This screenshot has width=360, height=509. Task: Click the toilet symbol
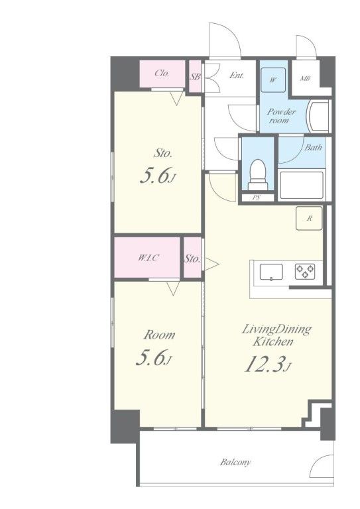pos(258,175)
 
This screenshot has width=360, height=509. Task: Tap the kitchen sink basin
pos(271,272)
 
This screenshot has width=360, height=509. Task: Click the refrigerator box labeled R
pos(309,219)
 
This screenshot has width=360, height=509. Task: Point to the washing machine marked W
pos(273,80)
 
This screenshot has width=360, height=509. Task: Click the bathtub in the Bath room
pos(302,185)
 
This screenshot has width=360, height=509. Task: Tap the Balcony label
pos(235,462)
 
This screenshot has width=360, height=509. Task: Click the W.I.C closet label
pos(149,258)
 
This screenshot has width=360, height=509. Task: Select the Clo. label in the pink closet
pos(162,74)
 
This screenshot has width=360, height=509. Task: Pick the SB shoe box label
pos(195,77)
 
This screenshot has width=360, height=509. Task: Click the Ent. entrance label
pos(236,76)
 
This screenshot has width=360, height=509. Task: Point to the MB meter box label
pos(305,78)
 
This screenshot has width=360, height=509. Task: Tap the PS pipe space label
pos(257,197)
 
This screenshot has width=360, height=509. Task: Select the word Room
pos(159,335)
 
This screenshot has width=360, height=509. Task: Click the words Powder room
pos(281,116)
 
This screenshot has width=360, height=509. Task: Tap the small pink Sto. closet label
pos(192,258)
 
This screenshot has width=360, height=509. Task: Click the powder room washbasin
pos(319,116)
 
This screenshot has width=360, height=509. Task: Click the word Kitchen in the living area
pos(273,341)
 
